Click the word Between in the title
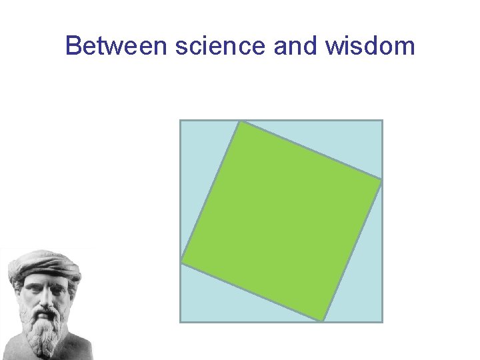pos(113,46)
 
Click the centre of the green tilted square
pos(281,221)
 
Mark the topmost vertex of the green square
pos(241,121)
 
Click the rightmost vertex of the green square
pos(382,180)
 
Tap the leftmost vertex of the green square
pos(181,263)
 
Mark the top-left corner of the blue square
pos(181,121)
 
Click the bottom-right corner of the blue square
pos(382,321)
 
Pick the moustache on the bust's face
pos(44,312)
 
